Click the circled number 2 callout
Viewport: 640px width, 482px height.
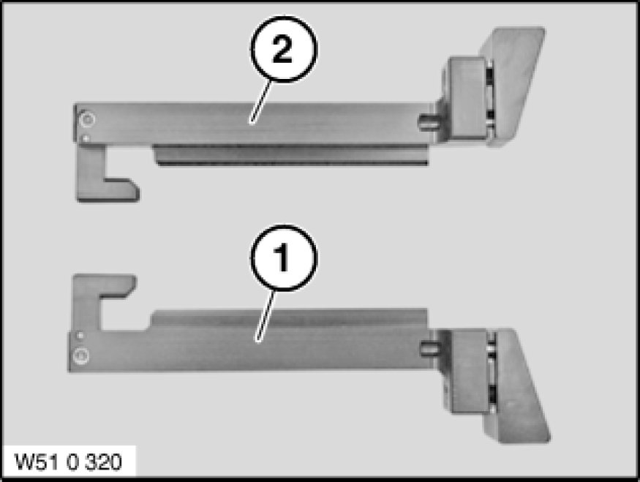pos(283,49)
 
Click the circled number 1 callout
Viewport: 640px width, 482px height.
pos(283,257)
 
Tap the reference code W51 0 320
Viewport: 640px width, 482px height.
pos(68,462)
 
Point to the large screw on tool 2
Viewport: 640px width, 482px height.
pos(87,119)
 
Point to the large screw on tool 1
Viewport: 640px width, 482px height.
pos(80,355)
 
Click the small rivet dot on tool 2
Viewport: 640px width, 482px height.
pos(86,139)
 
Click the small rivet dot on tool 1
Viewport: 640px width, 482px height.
pos(80,335)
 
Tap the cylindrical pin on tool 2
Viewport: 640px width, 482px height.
pos(428,121)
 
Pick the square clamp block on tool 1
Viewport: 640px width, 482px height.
pos(470,372)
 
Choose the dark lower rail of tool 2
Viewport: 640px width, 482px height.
pos(291,155)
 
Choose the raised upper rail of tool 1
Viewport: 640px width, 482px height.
pos(290,318)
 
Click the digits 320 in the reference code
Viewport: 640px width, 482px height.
pos(105,462)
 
